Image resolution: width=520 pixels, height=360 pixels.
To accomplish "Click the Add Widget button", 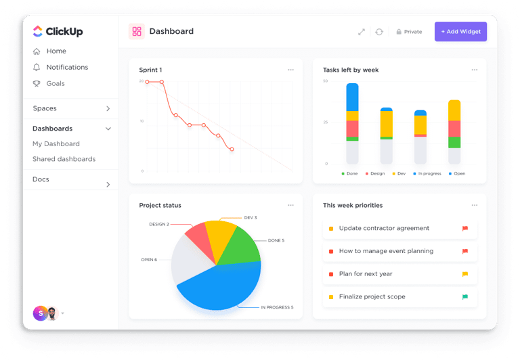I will [x=460, y=32].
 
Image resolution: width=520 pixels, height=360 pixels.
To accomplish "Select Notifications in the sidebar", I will [x=67, y=68].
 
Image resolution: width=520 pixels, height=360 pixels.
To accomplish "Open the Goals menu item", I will [x=56, y=84].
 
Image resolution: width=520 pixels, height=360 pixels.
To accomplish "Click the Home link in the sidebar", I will [x=56, y=51].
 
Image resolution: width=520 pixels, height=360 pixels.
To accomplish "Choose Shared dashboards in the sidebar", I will [x=64, y=160].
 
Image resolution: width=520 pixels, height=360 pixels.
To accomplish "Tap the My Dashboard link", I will [x=56, y=144].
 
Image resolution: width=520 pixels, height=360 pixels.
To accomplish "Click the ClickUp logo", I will [x=58, y=32].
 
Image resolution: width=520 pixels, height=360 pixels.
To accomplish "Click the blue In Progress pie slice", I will [x=223, y=284].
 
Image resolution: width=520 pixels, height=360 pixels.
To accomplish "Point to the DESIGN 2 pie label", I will [x=158, y=224].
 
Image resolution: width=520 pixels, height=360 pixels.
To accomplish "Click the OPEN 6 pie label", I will [x=148, y=260].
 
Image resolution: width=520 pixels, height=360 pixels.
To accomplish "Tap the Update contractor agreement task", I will [x=384, y=229].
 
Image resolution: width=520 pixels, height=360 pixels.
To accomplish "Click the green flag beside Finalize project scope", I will [x=465, y=297].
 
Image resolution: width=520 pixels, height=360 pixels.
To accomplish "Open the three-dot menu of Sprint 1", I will [x=290, y=70].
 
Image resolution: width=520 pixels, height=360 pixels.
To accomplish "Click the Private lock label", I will [x=409, y=32].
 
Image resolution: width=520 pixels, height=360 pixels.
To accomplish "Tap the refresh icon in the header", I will [x=379, y=32].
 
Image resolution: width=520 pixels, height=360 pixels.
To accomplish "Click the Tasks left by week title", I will [x=351, y=70].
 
